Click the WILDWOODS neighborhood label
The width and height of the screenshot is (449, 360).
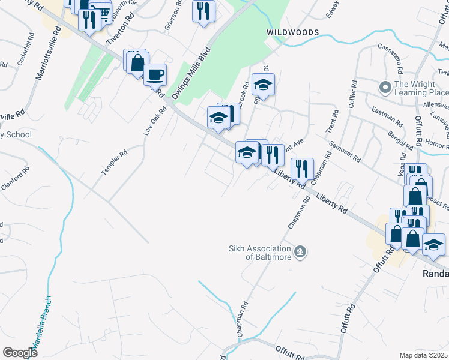tap(293, 32)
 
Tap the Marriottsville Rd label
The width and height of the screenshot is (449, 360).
tap(49, 52)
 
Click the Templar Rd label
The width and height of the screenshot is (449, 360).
tap(114, 162)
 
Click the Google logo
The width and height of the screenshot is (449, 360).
tap(20, 353)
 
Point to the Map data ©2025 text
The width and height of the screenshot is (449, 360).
tap(424, 355)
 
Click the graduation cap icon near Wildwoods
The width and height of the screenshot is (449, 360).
tap(263, 85)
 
